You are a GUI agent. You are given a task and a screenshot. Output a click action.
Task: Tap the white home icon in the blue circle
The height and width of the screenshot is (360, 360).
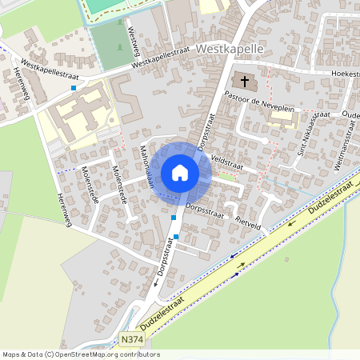click(x=180, y=173)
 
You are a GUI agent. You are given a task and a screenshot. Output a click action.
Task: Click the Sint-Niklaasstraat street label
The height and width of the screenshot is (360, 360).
click(x=314, y=134)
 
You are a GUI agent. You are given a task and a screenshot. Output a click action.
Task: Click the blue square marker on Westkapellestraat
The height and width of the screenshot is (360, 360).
click(x=74, y=88)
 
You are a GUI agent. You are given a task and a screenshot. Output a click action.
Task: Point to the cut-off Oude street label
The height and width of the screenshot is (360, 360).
click(x=350, y=114)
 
